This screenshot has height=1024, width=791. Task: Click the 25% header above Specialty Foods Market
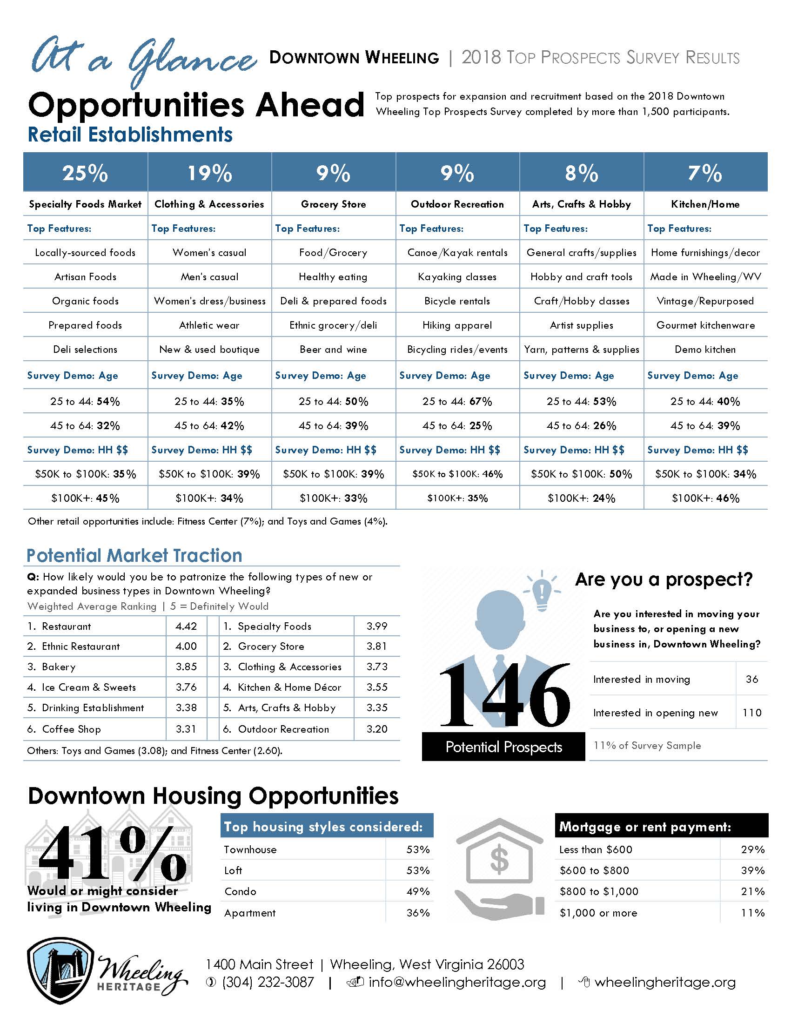(x=85, y=173)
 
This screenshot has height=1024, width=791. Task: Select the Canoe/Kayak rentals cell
(x=457, y=253)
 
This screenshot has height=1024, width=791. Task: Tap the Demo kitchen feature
(x=705, y=349)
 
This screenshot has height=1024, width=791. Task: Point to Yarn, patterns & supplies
(x=582, y=349)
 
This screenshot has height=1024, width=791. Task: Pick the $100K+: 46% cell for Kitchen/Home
(x=706, y=498)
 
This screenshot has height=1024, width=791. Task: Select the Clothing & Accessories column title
(x=209, y=204)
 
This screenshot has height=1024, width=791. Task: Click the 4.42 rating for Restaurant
(x=186, y=626)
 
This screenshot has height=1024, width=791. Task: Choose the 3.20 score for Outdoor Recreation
(x=377, y=729)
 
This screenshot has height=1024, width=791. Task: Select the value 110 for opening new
(x=752, y=713)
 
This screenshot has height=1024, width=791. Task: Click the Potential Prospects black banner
(x=504, y=747)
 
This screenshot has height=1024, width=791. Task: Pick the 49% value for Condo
(x=418, y=891)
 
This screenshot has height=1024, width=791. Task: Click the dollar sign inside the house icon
(x=499, y=857)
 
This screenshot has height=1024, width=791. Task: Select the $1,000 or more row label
(x=598, y=913)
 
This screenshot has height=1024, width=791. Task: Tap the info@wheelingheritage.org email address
(x=457, y=982)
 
